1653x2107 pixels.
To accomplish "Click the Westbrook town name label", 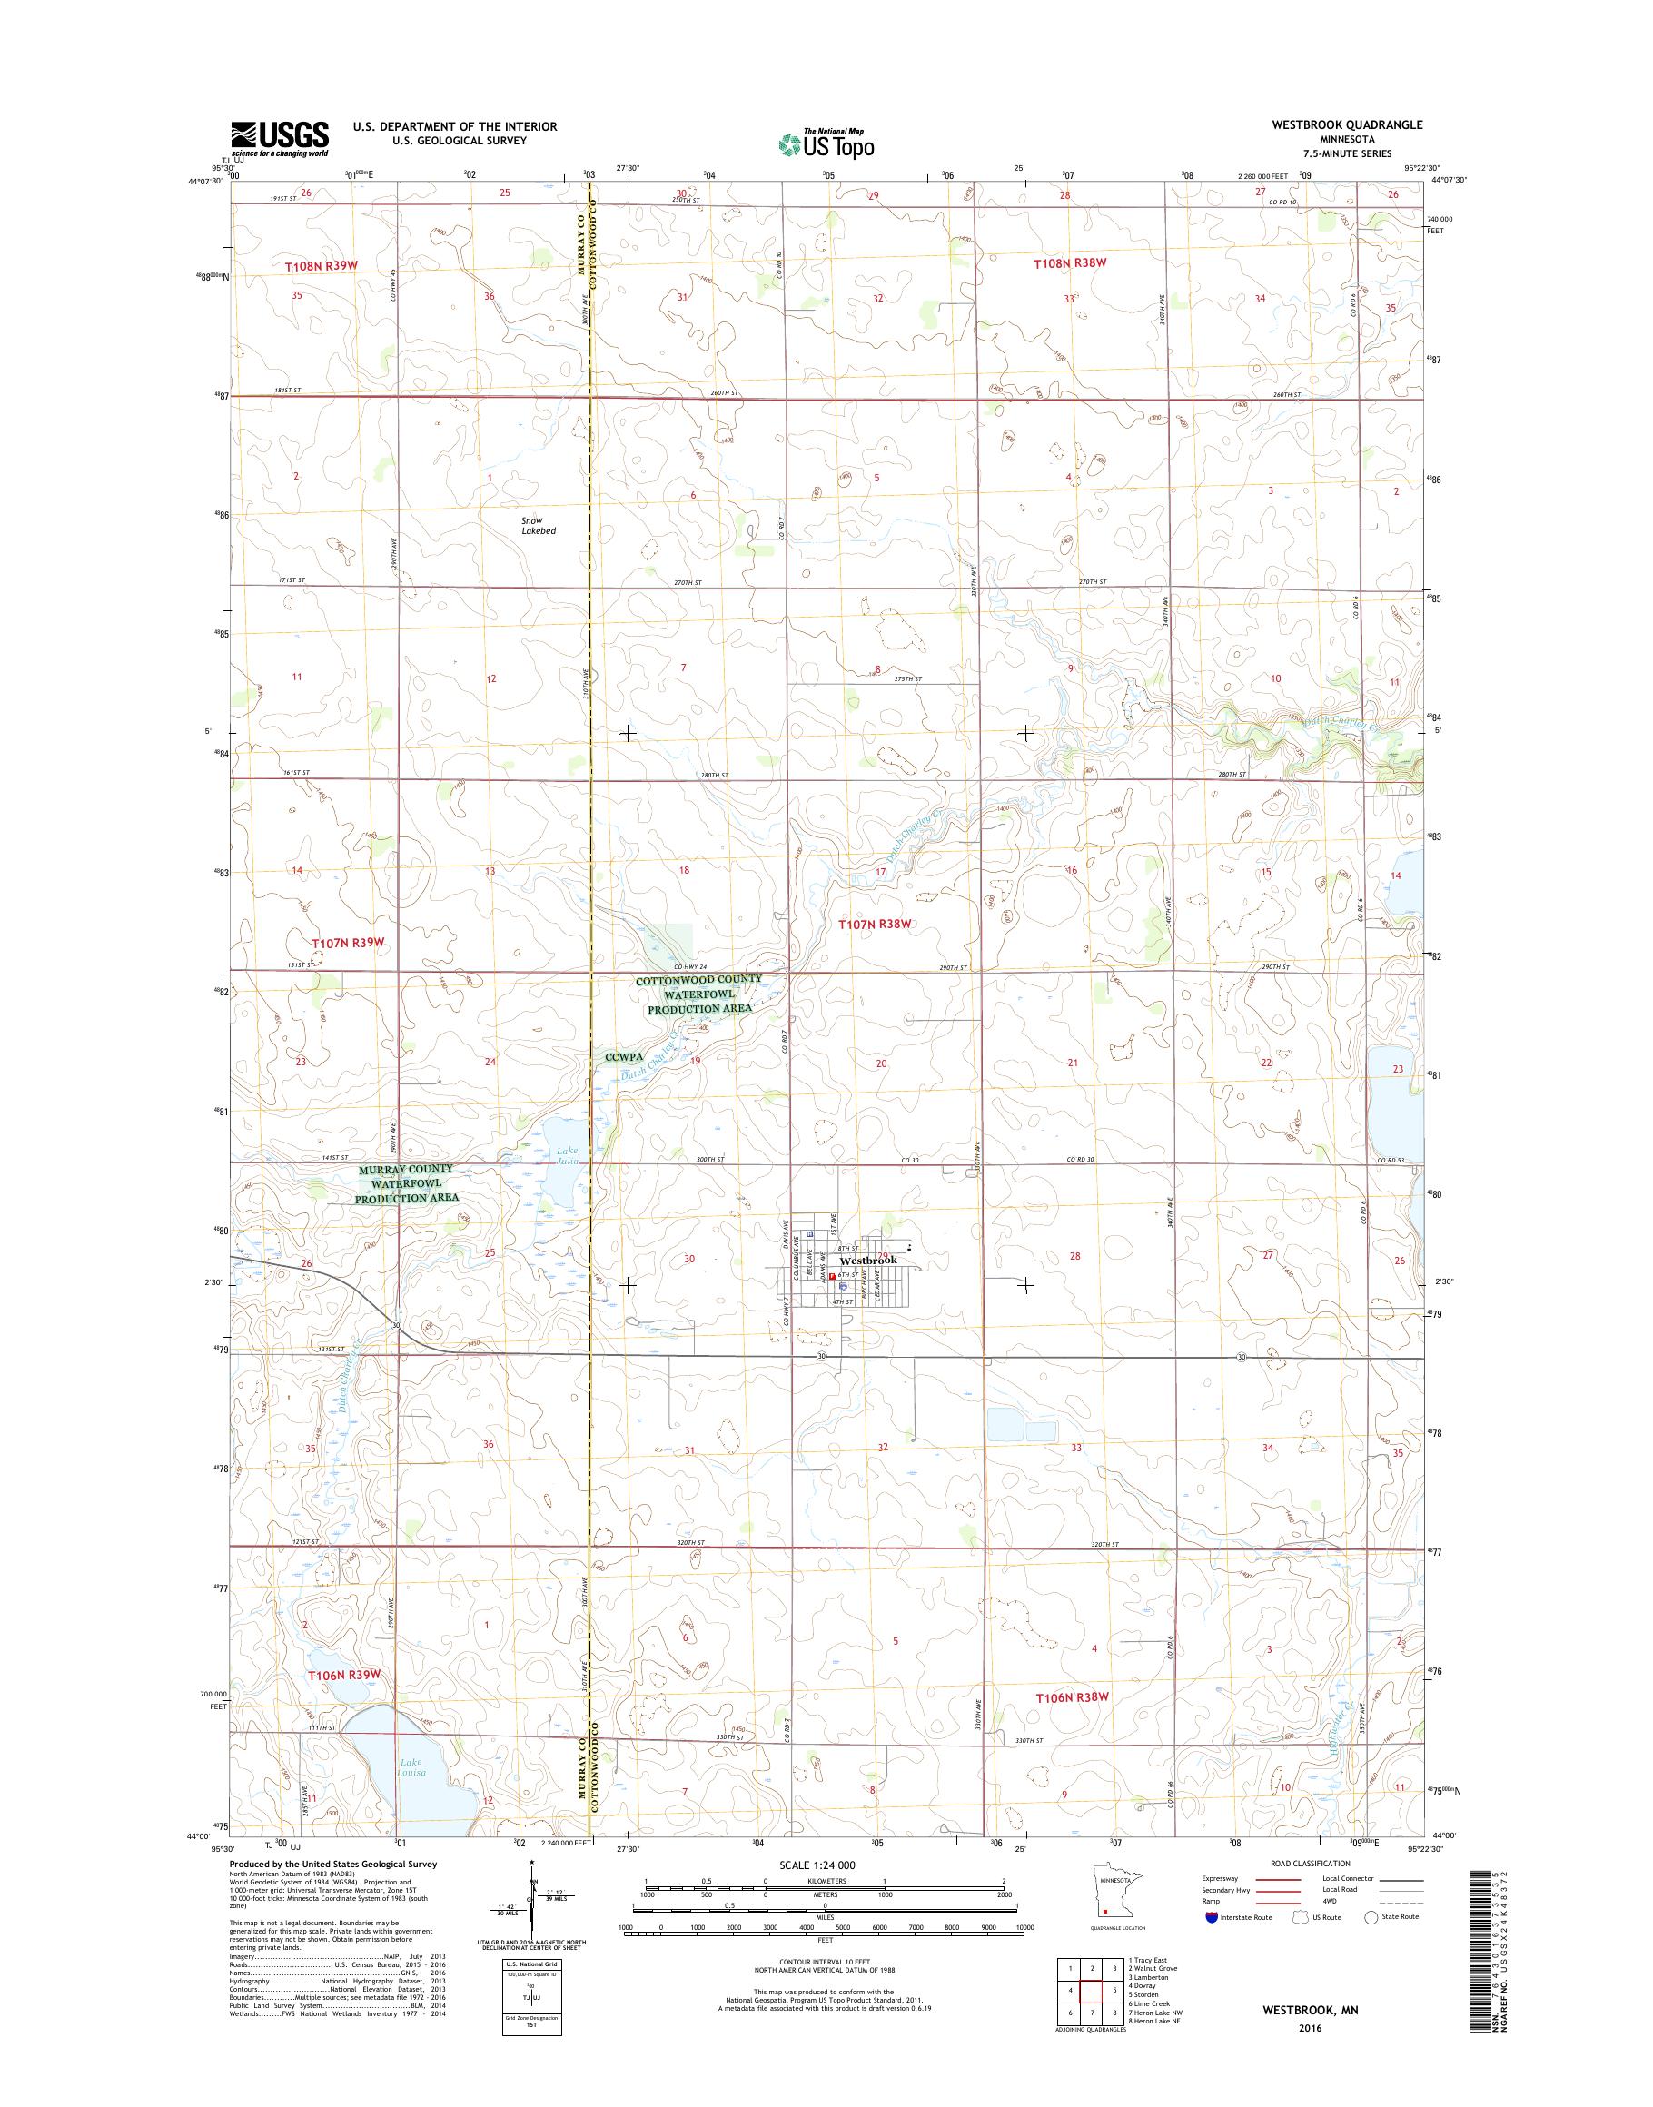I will tap(868, 1261).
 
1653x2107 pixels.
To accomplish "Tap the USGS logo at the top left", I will tap(280, 139).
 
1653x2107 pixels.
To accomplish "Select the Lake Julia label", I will tap(566, 1156).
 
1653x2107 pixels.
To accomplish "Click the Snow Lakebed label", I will tap(538, 526).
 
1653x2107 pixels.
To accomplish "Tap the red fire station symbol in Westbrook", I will tap(831, 1277).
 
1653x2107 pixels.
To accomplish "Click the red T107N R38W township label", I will tap(875, 925).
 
